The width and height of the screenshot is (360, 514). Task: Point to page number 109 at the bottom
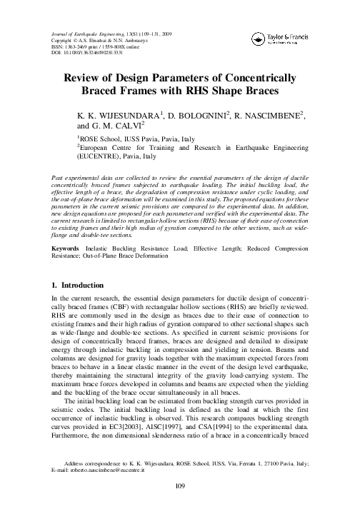pyautogui.click(x=180, y=507)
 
